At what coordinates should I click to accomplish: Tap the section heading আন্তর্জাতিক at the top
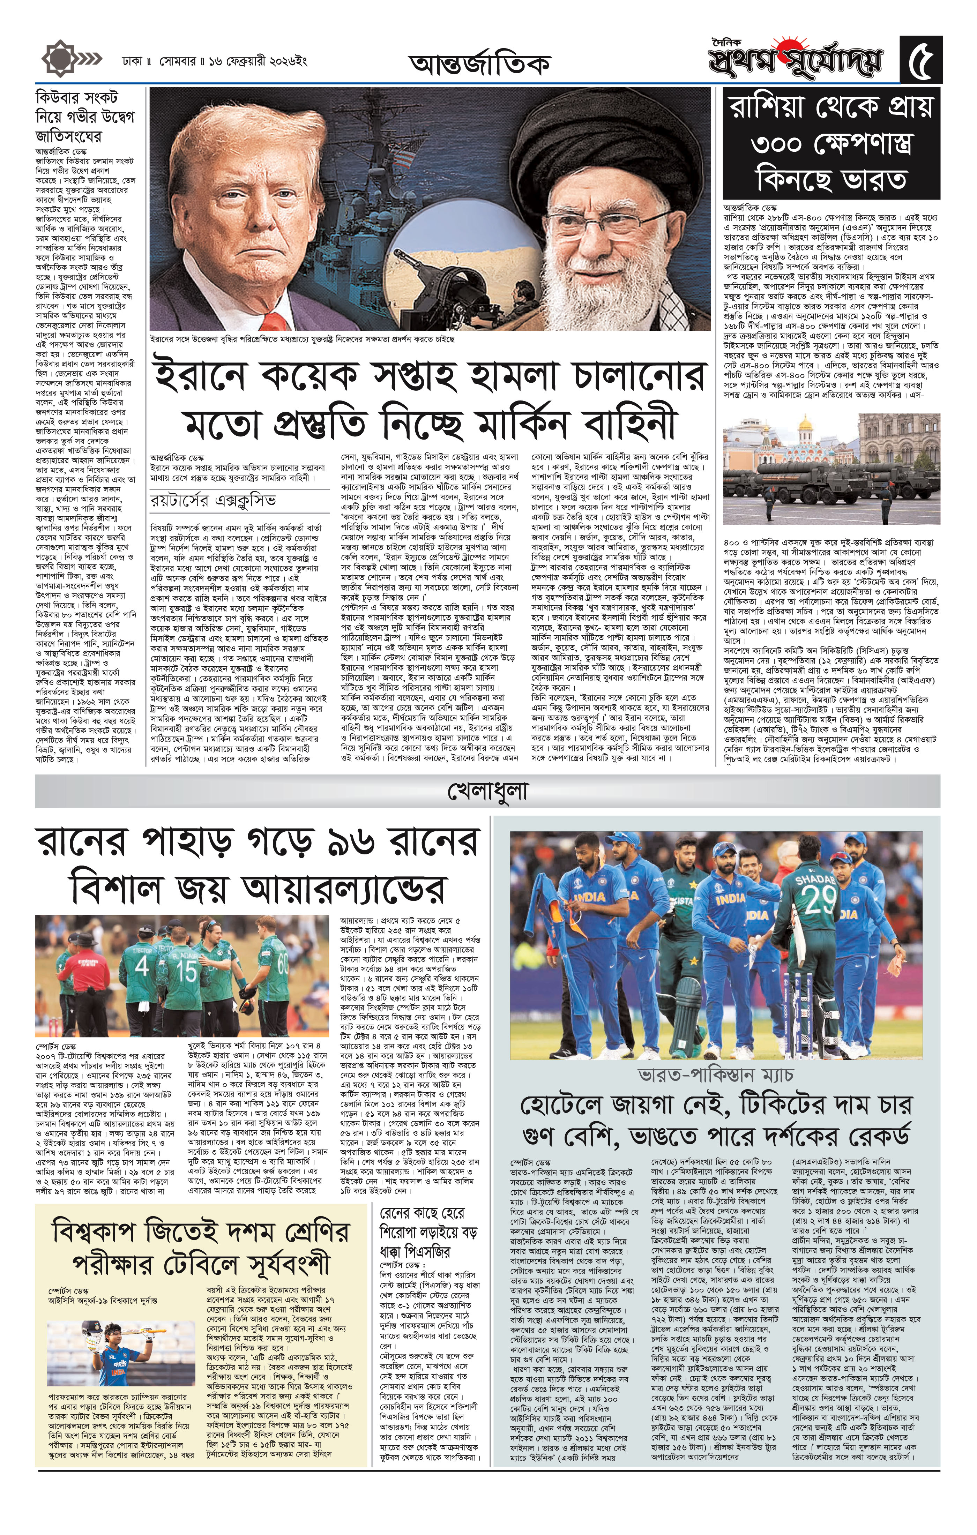pyautogui.click(x=479, y=64)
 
